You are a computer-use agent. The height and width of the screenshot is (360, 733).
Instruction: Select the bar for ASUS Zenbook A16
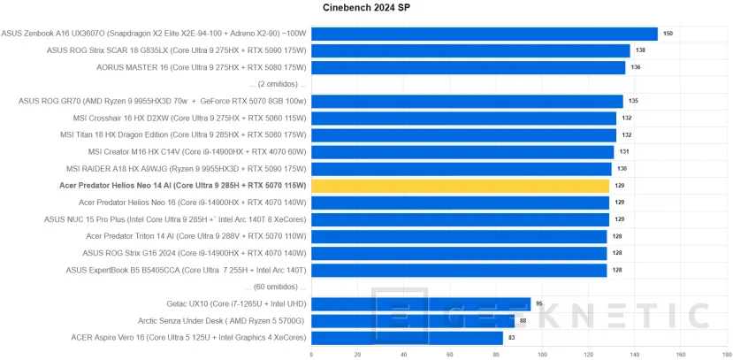click(x=485, y=34)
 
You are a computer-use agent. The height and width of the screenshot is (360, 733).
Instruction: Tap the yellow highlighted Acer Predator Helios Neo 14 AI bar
click(x=460, y=186)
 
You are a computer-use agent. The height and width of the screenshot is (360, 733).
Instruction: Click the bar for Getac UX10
click(x=421, y=304)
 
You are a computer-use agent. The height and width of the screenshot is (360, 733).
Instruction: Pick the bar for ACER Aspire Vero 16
click(x=407, y=338)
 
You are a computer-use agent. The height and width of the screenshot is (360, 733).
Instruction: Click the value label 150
click(x=668, y=34)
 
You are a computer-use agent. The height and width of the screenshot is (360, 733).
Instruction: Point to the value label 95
click(x=539, y=304)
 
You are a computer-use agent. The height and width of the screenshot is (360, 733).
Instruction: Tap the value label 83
click(x=512, y=338)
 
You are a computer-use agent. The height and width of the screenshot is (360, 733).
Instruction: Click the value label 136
click(x=635, y=67)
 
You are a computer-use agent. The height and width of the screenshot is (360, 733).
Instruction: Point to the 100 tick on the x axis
click(x=542, y=355)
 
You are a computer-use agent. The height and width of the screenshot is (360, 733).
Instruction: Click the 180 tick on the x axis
click(x=727, y=355)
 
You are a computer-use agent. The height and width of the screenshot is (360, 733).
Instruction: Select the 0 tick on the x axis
click(x=311, y=355)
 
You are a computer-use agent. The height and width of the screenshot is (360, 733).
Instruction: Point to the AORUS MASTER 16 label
click(x=202, y=67)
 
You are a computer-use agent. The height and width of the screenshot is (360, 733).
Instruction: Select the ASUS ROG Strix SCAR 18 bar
click(x=470, y=50)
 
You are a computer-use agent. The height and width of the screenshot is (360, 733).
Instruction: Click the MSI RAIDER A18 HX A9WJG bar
click(x=461, y=169)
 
